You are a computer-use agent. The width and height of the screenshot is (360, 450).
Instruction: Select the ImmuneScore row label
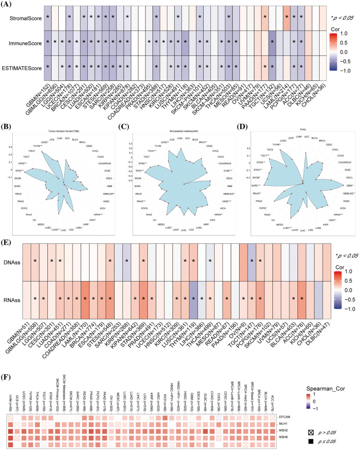click(x=21, y=43)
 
